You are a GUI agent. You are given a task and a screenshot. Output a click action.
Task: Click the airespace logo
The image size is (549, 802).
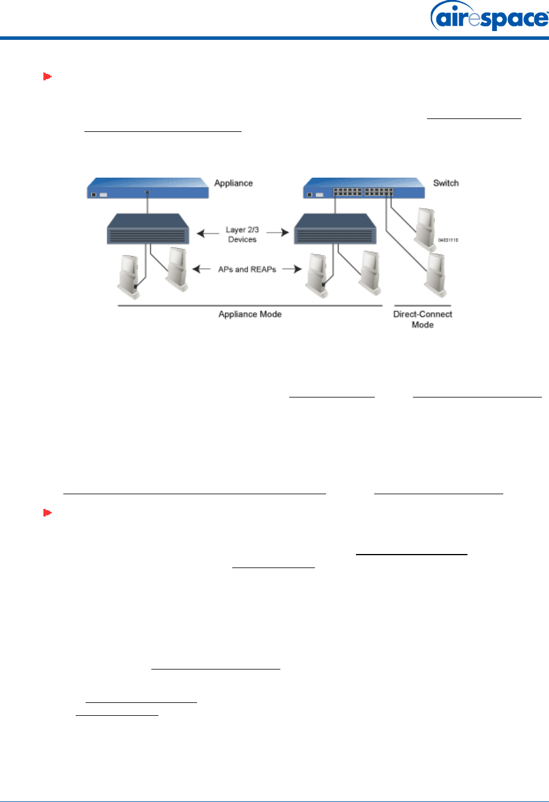click(x=489, y=17)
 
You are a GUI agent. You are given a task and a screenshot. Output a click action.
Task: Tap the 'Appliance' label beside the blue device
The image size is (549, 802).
click(x=233, y=183)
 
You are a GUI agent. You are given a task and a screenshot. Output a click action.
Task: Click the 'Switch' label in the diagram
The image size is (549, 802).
click(x=446, y=183)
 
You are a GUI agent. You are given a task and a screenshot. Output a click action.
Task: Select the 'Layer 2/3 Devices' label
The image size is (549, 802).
click(x=242, y=235)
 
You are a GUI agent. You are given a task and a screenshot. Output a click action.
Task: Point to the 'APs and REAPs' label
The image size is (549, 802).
click(x=247, y=269)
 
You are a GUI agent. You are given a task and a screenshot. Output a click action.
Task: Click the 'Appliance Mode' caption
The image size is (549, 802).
click(x=250, y=314)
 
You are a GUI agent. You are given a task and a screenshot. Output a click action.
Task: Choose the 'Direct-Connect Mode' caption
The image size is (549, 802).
click(x=422, y=320)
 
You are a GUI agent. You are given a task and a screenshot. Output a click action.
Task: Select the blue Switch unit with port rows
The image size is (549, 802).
click(x=364, y=189)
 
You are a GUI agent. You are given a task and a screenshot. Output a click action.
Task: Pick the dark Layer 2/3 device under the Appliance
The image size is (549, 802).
click(x=148, y=229)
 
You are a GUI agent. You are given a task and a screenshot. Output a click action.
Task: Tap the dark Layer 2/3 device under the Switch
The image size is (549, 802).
click(x=335, y=229)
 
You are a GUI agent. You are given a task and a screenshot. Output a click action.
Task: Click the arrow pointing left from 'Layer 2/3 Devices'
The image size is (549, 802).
click(x=208, y=233)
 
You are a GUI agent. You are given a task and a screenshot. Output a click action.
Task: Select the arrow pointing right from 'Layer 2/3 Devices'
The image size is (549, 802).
click(x=278, y=233)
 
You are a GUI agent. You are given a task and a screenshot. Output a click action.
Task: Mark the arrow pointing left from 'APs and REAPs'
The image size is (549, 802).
click(x=201, y=269)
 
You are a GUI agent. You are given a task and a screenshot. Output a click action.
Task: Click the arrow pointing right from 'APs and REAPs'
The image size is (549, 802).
click(x=292, y=269)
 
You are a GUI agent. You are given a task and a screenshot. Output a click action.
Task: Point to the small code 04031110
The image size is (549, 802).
click(x=448, y=240)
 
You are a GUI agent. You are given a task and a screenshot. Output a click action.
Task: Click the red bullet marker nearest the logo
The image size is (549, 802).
click(x=48, y=76)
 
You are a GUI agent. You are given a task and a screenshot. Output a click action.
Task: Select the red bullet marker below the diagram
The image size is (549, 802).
click(x=48, y=513)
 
